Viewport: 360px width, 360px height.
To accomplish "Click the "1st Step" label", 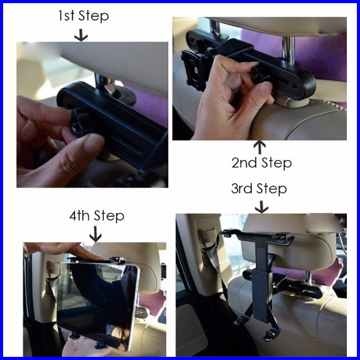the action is tap(83, 16).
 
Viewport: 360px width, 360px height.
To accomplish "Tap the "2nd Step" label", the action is tap(261, 162).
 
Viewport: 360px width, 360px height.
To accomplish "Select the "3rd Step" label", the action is tap(259, 189).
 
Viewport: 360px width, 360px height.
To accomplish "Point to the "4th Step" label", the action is tap(97, 216).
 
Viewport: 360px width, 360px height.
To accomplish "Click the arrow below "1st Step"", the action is tap(81, 35).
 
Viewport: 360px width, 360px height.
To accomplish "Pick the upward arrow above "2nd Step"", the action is tap(259, 147).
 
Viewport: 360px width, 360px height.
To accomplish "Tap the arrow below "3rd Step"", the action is tap(261, 207).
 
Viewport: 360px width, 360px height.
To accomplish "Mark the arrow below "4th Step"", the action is tap(95, 234).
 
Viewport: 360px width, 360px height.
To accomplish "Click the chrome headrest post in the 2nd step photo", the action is tap(288, 48).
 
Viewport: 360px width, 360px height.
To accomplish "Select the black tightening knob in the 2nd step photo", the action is tap(258, 74).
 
